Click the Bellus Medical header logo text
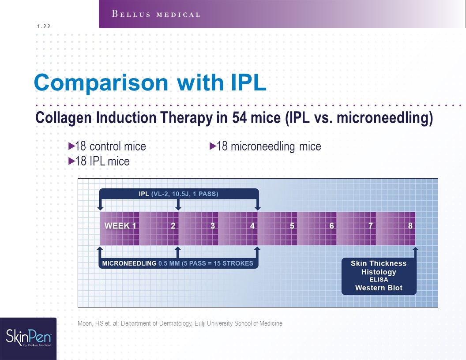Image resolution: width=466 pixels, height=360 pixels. tap(156, 14)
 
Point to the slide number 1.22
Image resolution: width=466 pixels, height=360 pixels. tap(44, 26)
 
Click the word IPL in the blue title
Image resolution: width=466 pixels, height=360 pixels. tap(248, 82)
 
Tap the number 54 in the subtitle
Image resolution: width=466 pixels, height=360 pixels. tap(240, 118)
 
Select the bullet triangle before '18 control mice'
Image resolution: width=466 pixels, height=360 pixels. tap(71, 146)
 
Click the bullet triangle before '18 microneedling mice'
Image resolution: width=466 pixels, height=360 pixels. tap(213, 146)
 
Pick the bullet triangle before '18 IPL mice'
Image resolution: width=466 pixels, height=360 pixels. tap(71, 161)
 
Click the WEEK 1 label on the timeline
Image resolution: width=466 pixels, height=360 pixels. tap(120, 226)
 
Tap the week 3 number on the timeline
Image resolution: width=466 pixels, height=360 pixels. tap(213, 226)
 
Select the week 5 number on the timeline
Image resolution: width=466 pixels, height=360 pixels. tap(292, 226)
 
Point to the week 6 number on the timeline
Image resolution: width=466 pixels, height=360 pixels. tap(331, 226)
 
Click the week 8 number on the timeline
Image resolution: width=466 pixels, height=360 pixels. tap(410, 226)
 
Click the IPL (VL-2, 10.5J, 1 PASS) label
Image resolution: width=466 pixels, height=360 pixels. tap(178, 194)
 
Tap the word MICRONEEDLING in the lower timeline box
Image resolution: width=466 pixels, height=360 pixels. tap(129, 263)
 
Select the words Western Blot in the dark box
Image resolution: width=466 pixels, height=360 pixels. tap(379, 288)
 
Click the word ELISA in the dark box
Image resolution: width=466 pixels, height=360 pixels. tap(379, 280)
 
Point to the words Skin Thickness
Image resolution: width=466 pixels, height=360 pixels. tap(379, 263)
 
